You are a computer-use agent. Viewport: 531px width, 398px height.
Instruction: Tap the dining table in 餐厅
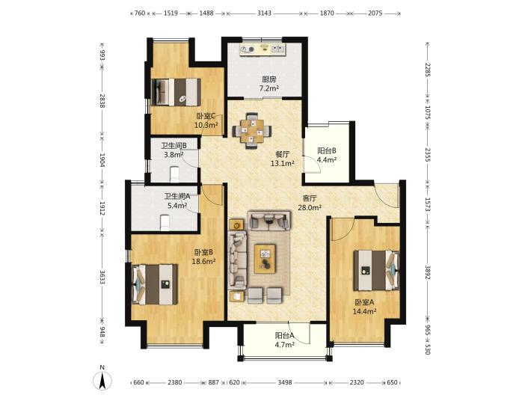[251, 131]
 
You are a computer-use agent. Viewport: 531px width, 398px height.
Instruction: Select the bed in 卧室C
[176, 92]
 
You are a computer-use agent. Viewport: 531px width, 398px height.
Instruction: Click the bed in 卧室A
[377, 270]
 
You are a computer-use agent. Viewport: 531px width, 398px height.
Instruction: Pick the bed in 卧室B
[154, 284]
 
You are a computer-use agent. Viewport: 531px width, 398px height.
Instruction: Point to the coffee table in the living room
[265, 258]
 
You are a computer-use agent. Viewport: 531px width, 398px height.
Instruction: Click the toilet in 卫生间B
[174, 174]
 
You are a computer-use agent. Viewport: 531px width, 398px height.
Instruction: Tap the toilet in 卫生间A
[165, 223]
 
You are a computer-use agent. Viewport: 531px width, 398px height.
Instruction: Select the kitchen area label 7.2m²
[268, 88]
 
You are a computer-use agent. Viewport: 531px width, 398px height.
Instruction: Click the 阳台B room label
[327, 150]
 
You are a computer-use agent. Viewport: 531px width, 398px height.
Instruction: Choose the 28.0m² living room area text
[309, 207]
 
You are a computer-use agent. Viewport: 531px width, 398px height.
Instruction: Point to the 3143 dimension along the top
[264, 13]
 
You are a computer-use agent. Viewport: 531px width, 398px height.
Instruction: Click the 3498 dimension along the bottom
[285, 382]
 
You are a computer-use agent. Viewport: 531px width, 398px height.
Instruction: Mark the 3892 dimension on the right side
[427, 272]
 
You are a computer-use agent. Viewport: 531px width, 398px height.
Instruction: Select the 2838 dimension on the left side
[102, 100]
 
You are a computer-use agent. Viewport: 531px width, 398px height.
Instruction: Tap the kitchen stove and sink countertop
[263, 49]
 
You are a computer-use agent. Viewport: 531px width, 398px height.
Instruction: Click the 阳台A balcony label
[284, 336]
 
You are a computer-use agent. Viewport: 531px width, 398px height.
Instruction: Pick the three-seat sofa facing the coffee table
[238, 260]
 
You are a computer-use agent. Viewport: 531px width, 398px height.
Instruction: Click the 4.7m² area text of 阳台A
[284, 345]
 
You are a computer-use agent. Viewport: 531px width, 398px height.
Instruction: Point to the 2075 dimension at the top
[375, 13]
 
